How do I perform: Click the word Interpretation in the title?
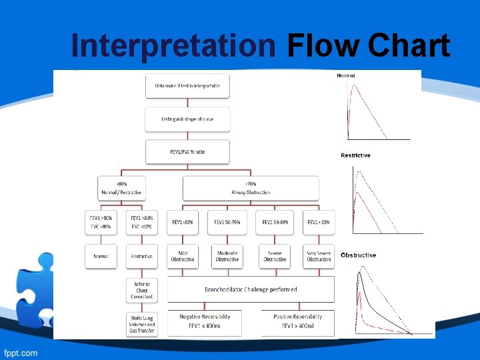[173, 46]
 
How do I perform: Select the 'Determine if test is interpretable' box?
[187, 86]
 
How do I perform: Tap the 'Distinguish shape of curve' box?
[187, 119]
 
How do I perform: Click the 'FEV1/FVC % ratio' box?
[187, 151]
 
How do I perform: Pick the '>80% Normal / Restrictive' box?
[121, 188]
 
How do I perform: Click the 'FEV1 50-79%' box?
[227, 222]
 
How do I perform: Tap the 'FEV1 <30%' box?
[319, 222]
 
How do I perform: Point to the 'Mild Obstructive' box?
[182, 256]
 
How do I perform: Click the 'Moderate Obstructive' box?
[227, 256]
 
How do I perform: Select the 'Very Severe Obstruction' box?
[319, 256]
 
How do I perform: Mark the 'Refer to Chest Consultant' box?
[141, 290]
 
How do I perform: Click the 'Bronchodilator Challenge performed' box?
[251, 289]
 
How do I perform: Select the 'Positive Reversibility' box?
[297, 321]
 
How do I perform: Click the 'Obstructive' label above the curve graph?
[359, 255]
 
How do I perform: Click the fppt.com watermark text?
[21, 352]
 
